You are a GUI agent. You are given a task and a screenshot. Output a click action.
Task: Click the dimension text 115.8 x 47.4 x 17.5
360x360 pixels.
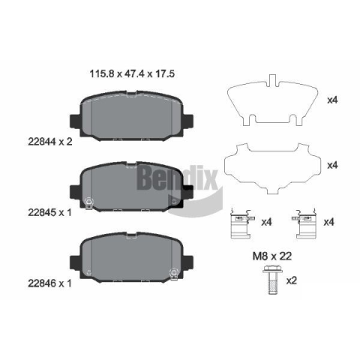[132, 73]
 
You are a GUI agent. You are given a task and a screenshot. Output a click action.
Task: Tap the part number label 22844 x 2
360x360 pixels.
[50, 142]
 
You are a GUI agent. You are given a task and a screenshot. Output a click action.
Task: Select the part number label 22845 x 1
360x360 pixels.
[49, 212]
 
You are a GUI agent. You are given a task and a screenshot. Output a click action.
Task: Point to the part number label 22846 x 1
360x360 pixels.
[49, 283]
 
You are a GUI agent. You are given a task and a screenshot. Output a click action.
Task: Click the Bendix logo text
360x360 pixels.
[177, 178]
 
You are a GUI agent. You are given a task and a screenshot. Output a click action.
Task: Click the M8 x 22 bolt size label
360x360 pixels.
[272, 256]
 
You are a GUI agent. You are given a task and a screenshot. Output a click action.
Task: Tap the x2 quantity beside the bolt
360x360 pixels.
[291, 280]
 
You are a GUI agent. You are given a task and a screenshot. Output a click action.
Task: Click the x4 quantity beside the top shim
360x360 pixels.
[332, 100]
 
